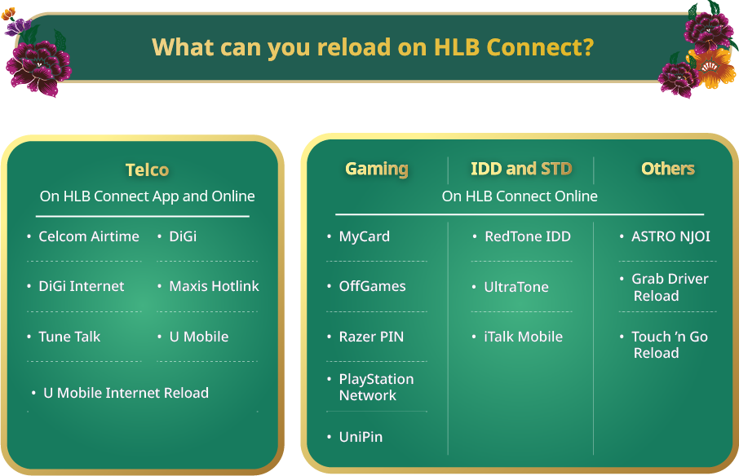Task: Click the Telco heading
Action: click(147, 170)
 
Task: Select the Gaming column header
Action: click(376, 169)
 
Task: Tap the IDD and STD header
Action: click(521, 169)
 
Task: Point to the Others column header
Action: click(667, 169)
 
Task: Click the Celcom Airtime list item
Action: click(89, 236)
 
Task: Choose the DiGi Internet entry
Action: click(82, 286)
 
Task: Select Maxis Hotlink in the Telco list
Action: click(214, 286)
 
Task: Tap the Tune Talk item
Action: click(69, 337)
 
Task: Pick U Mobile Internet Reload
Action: click(126, 393)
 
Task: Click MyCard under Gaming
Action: click(364, 236)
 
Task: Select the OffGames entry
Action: click(372, 286)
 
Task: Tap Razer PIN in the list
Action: click(371, 337)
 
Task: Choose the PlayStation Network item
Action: click(376, 387)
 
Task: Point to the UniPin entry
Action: click(361, 437)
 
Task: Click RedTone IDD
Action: click(527, 236)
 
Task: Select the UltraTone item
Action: click(516, 287)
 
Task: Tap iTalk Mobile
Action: click(523, 337)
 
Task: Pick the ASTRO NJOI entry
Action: click(670, 236)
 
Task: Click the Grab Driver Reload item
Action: click(669, 287)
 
